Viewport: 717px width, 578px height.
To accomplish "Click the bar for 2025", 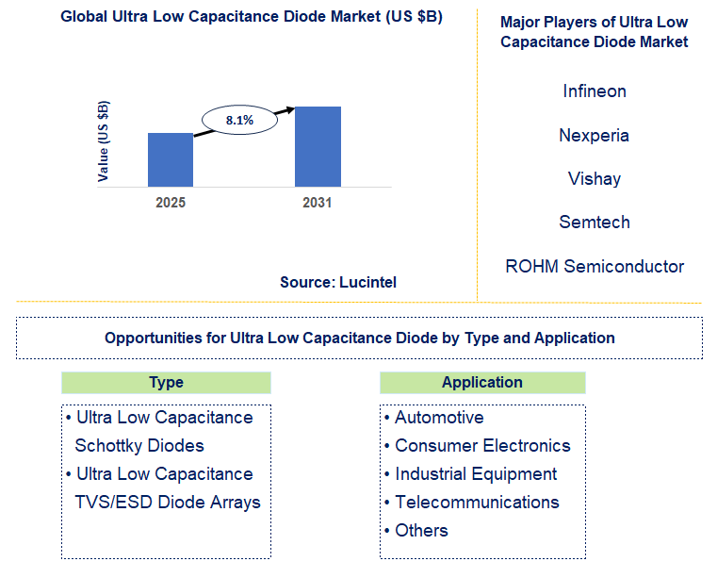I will coord(171,159).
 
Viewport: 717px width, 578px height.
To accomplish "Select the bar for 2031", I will coord(318,146).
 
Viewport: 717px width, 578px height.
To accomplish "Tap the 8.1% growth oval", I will coord(239,120).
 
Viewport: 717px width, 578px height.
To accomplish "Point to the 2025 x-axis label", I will coord(171,203).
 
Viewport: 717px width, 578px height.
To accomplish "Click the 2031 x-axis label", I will coord(318,203).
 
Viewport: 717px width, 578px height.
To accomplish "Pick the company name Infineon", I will coord(594,91).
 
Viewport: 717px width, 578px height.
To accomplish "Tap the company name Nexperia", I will coord(594,135).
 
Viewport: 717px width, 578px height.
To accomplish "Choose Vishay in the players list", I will coord(594,178).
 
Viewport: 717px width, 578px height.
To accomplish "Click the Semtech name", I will coord(594,223).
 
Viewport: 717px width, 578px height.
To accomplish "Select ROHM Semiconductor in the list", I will coord(594,266).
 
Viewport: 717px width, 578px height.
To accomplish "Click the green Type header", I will coord(166,383).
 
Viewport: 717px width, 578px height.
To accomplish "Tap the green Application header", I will coord(482,383).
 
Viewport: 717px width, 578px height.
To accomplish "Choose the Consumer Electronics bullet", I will coord(481,446).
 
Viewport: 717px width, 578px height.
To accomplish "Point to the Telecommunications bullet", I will coord(476,503).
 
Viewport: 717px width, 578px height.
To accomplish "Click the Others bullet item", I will coord(420,531).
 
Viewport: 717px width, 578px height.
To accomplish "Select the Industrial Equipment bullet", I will coord(475,474).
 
